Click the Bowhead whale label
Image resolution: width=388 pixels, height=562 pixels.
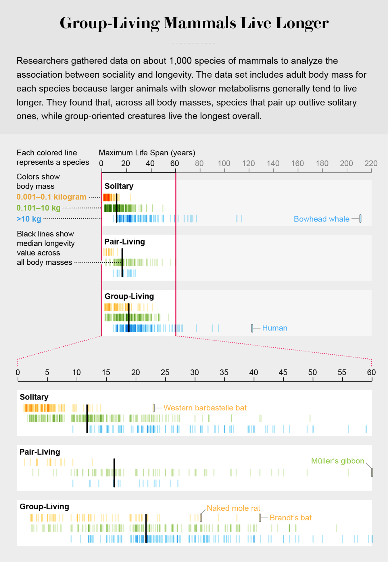321,219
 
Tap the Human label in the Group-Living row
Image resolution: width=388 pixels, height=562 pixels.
274,328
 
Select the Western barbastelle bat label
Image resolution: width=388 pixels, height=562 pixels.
205,408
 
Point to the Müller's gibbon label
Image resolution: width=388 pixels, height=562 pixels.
337,461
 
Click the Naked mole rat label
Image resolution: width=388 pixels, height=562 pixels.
233,508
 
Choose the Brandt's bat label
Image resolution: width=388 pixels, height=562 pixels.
290,518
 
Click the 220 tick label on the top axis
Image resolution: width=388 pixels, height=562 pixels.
371,163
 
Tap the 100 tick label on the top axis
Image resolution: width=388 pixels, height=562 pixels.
224,163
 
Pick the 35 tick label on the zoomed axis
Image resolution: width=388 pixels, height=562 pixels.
224,372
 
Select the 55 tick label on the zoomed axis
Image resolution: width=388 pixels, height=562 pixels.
342,372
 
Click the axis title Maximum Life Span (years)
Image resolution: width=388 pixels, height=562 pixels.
147,152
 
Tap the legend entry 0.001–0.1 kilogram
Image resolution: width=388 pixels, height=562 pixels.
51,197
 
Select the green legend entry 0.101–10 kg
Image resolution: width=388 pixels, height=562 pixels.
38,208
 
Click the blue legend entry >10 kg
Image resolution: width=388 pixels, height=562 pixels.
29,219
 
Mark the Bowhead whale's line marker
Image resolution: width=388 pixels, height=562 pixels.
360,219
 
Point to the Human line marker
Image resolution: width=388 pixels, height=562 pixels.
252,328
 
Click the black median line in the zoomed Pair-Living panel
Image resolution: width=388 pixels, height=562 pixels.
114,473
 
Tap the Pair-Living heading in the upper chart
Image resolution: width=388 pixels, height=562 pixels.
124,242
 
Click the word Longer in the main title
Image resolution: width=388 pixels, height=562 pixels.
302,23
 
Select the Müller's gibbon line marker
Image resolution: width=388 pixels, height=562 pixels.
372,472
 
